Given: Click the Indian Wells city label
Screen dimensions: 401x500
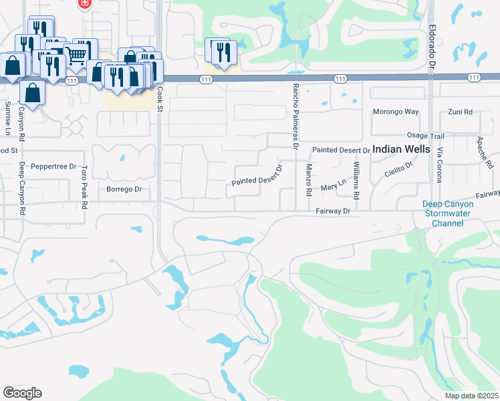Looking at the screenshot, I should [x=401, y=149].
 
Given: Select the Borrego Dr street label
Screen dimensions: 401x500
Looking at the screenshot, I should [x=124, y=189].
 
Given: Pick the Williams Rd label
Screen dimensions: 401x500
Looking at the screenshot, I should [x=356, y=180].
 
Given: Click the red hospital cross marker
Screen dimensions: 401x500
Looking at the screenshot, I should [x=85, y=4].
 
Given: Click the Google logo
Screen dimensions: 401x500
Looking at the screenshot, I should [x=22, y=393].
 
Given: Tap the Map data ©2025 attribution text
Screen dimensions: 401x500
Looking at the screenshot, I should [x=471, y=396].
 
